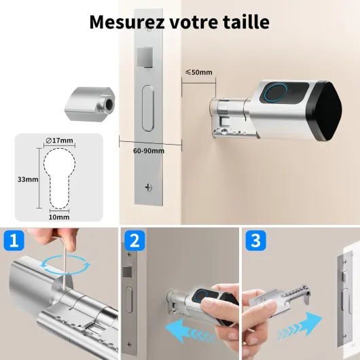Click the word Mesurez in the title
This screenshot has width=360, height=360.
(127, 22)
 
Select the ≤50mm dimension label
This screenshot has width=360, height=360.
(199, 72)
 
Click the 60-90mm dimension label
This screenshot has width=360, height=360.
(149, 151)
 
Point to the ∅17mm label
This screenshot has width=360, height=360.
(60, 141)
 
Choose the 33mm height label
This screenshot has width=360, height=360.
(28, 179)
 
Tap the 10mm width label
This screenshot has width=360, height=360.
(59, 217)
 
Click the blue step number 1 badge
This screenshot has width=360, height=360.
(14, 240)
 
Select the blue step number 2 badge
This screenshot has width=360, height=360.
(134, 240)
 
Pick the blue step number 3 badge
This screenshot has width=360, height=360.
(256, 240)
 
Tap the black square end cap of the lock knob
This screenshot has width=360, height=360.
(325, 111)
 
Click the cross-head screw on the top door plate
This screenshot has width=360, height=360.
(149, 187)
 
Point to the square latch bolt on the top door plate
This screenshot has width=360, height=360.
(145, 57)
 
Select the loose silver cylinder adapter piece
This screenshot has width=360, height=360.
(90, 104)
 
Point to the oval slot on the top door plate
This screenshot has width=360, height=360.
(148, 108)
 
